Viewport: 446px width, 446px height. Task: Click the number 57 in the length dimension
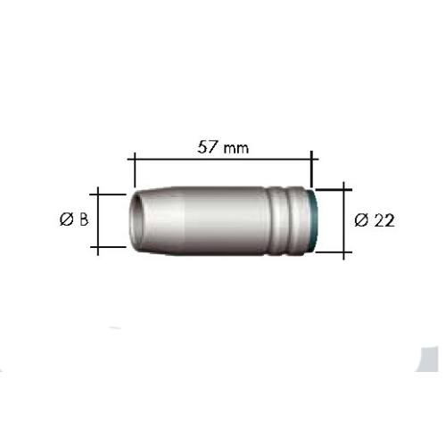coord(207,147)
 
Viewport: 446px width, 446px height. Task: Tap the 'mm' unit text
coord(236,148)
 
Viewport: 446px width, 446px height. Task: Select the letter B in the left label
coord(83,219)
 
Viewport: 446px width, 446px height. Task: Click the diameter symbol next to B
coord(66,219)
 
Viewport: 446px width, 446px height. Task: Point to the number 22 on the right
coord(384,220)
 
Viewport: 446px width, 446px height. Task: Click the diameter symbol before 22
coord(361,220)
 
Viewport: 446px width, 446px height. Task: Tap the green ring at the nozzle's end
coord(313,220)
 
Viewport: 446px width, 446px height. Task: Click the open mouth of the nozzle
coord(136,220)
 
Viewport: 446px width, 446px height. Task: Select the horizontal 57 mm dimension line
coord(223,159)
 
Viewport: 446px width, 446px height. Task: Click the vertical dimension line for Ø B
coord(98,220)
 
